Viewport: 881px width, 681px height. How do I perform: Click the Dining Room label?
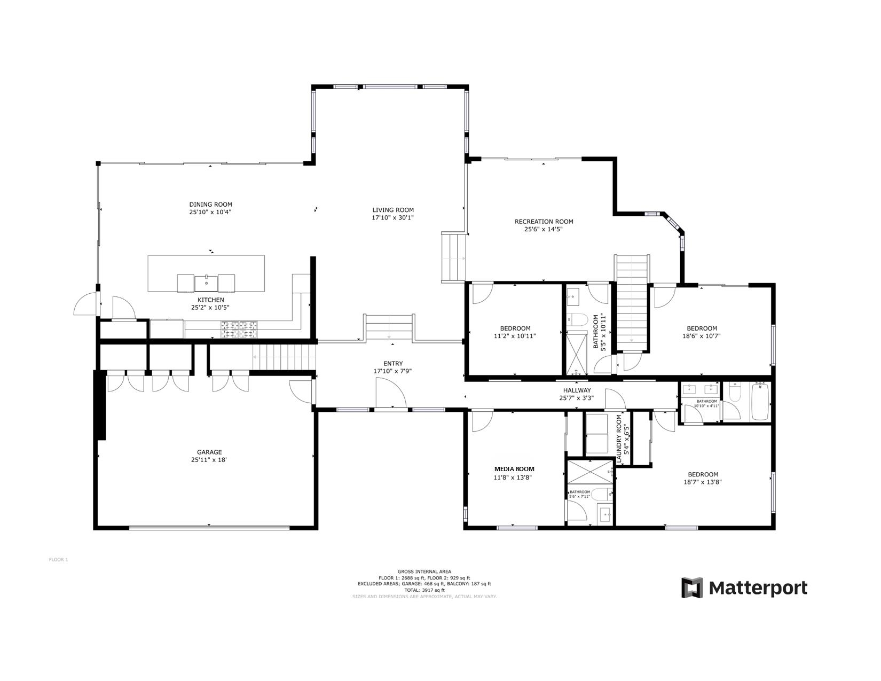coord(210,205)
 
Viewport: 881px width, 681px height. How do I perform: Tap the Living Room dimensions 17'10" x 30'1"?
coord(393,217)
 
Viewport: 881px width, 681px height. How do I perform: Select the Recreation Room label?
coord(544,222)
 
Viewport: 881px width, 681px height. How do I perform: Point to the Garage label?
coord(209,452)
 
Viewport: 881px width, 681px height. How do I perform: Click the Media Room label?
coord(514,469)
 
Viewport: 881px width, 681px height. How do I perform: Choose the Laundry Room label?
coord(619,438)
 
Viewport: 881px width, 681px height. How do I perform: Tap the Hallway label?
coord(577,390)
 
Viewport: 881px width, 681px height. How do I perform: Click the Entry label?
coord(393,363)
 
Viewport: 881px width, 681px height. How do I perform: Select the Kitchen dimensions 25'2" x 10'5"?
coord(210,308)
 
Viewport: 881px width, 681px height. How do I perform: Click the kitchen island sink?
coord(206,283)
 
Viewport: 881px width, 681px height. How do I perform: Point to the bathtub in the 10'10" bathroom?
coord(760,402)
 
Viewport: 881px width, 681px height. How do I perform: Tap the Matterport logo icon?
coord(691,588)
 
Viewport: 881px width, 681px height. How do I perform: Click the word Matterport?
coord(758,588)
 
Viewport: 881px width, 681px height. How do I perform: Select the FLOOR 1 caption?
coord(58,560)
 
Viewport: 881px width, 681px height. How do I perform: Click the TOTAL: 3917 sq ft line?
coord(424,590)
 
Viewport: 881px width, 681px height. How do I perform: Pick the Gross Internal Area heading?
coord(424,572)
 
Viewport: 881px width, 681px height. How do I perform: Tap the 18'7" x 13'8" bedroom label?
coord(703,478)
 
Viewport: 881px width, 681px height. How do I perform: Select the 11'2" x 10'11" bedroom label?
coord(515,332)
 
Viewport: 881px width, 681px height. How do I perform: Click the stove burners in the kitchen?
coord(239,330)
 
